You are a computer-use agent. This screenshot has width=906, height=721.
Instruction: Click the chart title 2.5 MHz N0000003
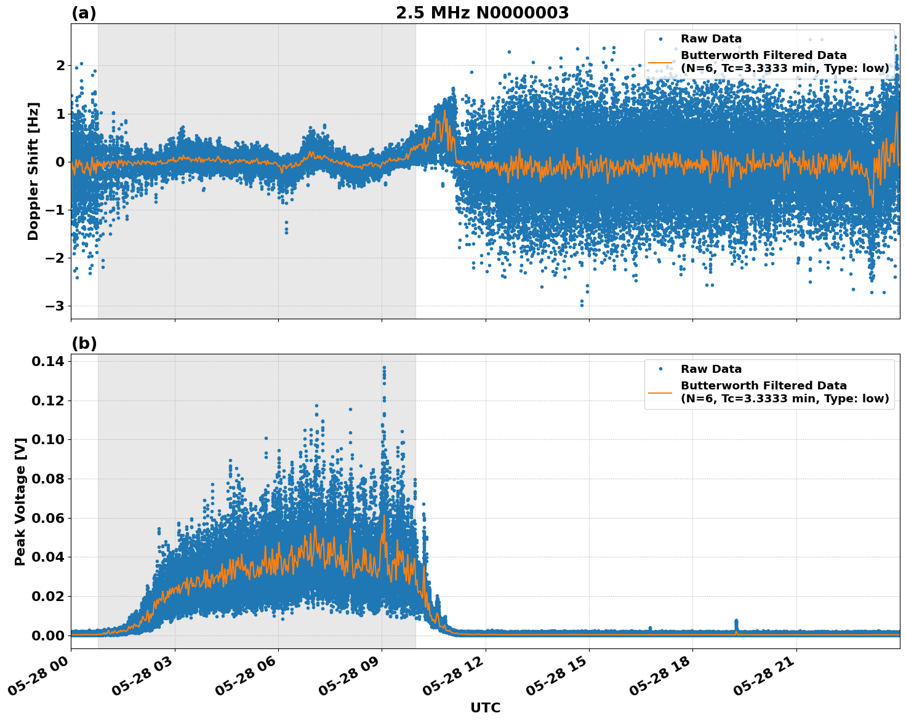(x=482, y=13)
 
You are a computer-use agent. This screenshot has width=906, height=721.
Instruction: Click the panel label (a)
(x=84, y=13)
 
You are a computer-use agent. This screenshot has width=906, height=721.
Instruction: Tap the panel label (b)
(x=84, y=343)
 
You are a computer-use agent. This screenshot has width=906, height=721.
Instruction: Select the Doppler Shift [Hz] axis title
(x=33, y=171)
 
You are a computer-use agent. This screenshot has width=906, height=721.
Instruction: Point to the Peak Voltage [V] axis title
(x=20, y=501)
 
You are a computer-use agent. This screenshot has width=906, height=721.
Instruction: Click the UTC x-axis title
(x=485, y=707)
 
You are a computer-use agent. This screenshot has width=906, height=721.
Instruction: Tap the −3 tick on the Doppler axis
(x=57, y=306)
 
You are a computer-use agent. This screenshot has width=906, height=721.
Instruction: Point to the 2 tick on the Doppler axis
(x=60, y=65)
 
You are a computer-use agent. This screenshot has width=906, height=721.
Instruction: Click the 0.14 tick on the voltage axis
(x=47, y=361)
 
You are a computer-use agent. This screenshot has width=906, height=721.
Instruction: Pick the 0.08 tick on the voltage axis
(x=47, y=479)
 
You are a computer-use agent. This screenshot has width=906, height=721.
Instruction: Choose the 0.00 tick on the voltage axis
(x=47, y=635)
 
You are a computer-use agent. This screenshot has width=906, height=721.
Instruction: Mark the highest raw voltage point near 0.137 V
(x=384, y=368)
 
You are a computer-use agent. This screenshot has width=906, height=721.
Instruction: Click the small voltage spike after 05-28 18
(x=736, y=623)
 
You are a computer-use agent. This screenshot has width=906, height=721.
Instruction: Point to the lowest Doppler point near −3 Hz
(x=582, y=305)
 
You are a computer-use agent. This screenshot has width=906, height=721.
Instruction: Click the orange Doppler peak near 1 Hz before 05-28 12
(x=444, y=111)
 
